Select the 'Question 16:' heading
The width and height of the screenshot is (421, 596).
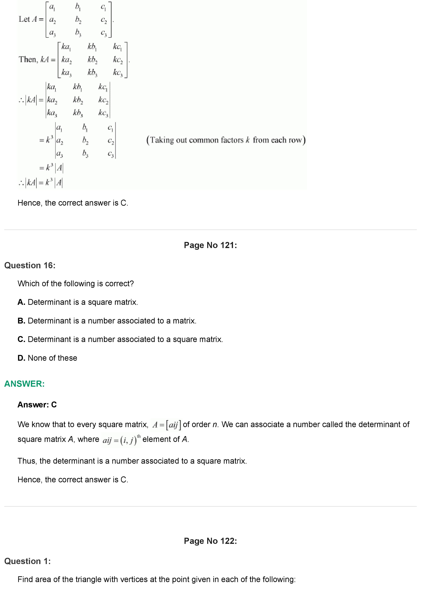coord(30,266)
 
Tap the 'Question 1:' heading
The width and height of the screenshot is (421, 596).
coord(28,561)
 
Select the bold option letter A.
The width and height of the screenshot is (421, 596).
coord(21,302)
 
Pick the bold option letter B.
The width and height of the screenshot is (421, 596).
coord(21,321)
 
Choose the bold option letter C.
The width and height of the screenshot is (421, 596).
coord(21,339)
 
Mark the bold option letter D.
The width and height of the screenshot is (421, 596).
coord(21,358)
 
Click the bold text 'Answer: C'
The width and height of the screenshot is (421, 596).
coord(37,405)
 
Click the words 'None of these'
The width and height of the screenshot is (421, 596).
coord(52,358)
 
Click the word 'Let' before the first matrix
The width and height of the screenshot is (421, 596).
coord(24,19)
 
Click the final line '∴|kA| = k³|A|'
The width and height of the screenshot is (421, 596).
coord(41,183)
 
